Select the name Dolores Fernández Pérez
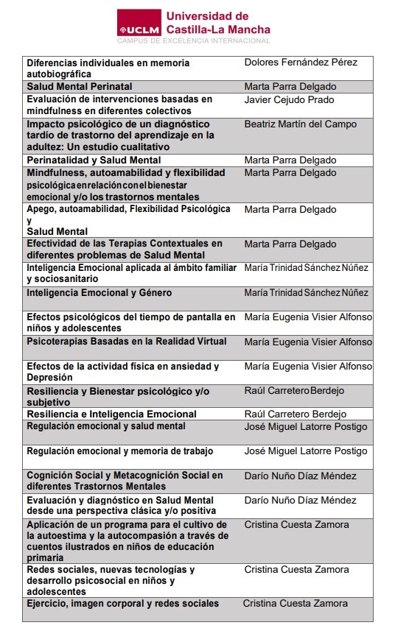[x=301, y=63]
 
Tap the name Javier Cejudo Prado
[x=289, y=99]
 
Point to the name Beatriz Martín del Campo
[x=300, y=124]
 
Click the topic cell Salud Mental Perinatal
[x=80, y=87]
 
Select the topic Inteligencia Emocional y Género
[x=99, y=293]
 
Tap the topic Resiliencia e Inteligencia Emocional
[x=111, y=414]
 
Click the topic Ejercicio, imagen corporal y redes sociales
[x=122, y=604]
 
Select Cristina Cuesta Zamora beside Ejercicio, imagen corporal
[x=296, y=604]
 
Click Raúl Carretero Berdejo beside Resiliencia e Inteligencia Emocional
[x=295, y=414]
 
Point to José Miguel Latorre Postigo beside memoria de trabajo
[x=305, y=451]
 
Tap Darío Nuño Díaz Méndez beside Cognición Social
[x=300, y=476]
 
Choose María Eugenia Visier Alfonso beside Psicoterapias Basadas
[x=308, y=342]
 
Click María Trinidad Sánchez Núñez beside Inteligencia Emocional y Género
[x=306, y=293]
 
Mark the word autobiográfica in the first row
[x=59, y=74]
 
